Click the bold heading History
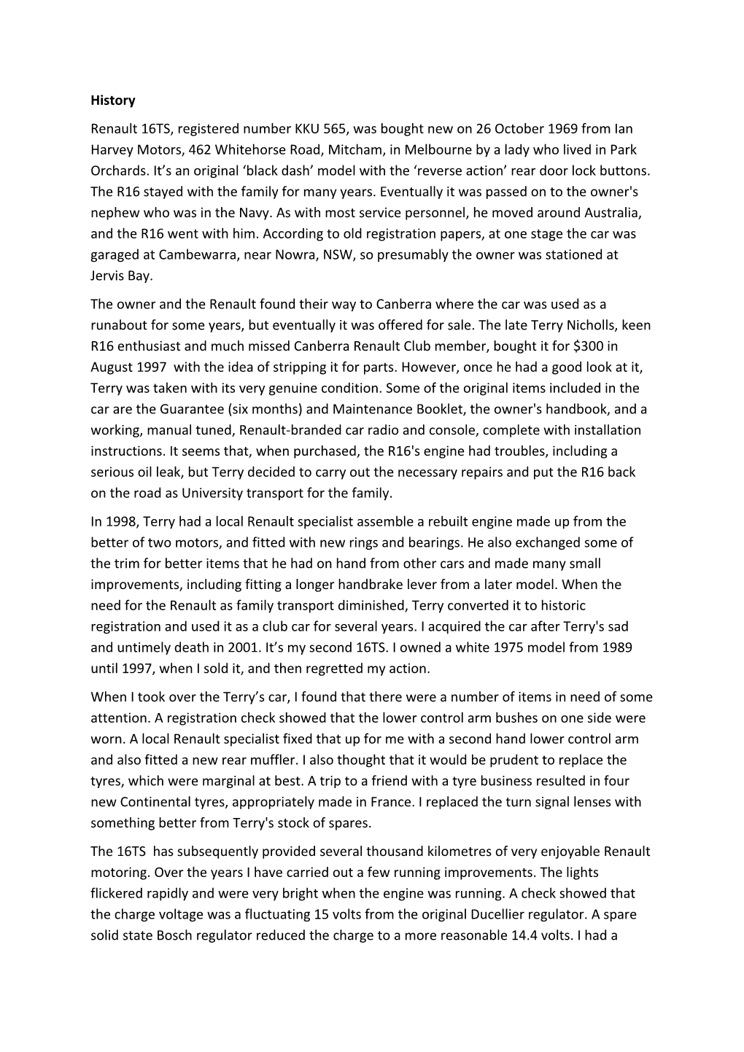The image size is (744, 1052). coord(113,101)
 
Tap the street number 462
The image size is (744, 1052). coord(201,150)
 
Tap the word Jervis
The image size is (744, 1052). coord(109,276)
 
